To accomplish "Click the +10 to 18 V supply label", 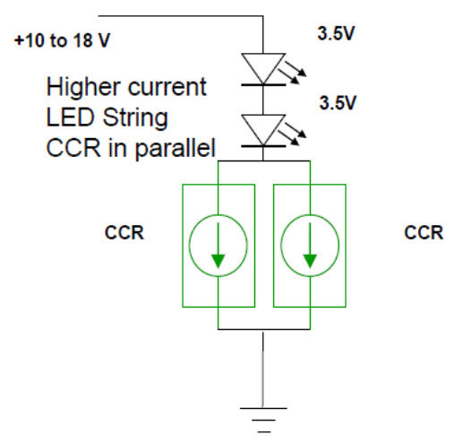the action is point(62,40).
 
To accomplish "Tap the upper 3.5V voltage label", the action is point(336,33).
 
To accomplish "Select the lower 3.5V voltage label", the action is point(338,103).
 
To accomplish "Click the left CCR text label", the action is point(124,232).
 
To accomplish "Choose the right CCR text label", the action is point(424,232).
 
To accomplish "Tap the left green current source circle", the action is point(189,246).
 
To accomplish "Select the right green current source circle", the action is point(281,246).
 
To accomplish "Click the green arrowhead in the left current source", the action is point(218,261).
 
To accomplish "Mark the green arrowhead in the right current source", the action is point(310,261).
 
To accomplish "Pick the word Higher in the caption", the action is point(84,87).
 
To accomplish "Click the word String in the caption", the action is point(135,117).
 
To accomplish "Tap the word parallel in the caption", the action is point(176,147).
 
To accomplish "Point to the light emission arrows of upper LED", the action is point(292,73).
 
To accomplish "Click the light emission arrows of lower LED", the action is point(292,134).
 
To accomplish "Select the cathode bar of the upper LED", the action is point(263,85).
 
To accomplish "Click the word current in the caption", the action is point(167,88).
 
